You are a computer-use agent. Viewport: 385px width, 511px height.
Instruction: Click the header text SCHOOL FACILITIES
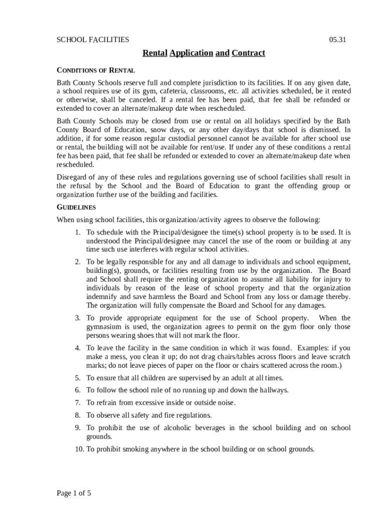pyautogui.click(x=92, y=39)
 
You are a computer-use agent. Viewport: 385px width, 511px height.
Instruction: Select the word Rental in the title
pyautogui.click(x=155, y=53)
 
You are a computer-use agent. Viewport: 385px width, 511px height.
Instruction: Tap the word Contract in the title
pyautogui.click(x=248, y=53)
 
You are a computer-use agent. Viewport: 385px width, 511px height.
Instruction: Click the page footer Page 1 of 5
pyautogui.click(x=74, y=494)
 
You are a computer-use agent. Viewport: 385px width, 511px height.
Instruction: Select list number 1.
pyautogui.click(x=77, y=233)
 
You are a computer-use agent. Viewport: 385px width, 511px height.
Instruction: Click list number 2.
pyautogui.click(x=77, y=261)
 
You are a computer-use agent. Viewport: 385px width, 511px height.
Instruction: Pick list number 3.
pyautogui.click(x=77, y=318)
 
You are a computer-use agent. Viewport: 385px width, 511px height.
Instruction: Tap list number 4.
pyautogui.click(x=77, y=348)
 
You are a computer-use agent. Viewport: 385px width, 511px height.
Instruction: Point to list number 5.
pyautogui.click(x=77, y=378)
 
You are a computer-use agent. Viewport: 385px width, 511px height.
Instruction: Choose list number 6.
pyautogui.click(x=77, y=390)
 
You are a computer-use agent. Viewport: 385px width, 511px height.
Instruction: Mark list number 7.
pyautogui.click(x=77, y=403)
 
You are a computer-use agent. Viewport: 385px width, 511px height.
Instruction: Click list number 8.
pyautogui.click(x=77, y=415)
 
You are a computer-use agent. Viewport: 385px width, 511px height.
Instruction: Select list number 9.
pyautogui.click(x=77, y=428)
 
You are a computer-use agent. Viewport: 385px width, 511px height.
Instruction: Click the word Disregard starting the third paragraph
pyautogui.click(x=72, y=177)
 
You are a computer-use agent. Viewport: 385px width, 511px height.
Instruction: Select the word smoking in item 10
pyautogui.click(x=137, y=449)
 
